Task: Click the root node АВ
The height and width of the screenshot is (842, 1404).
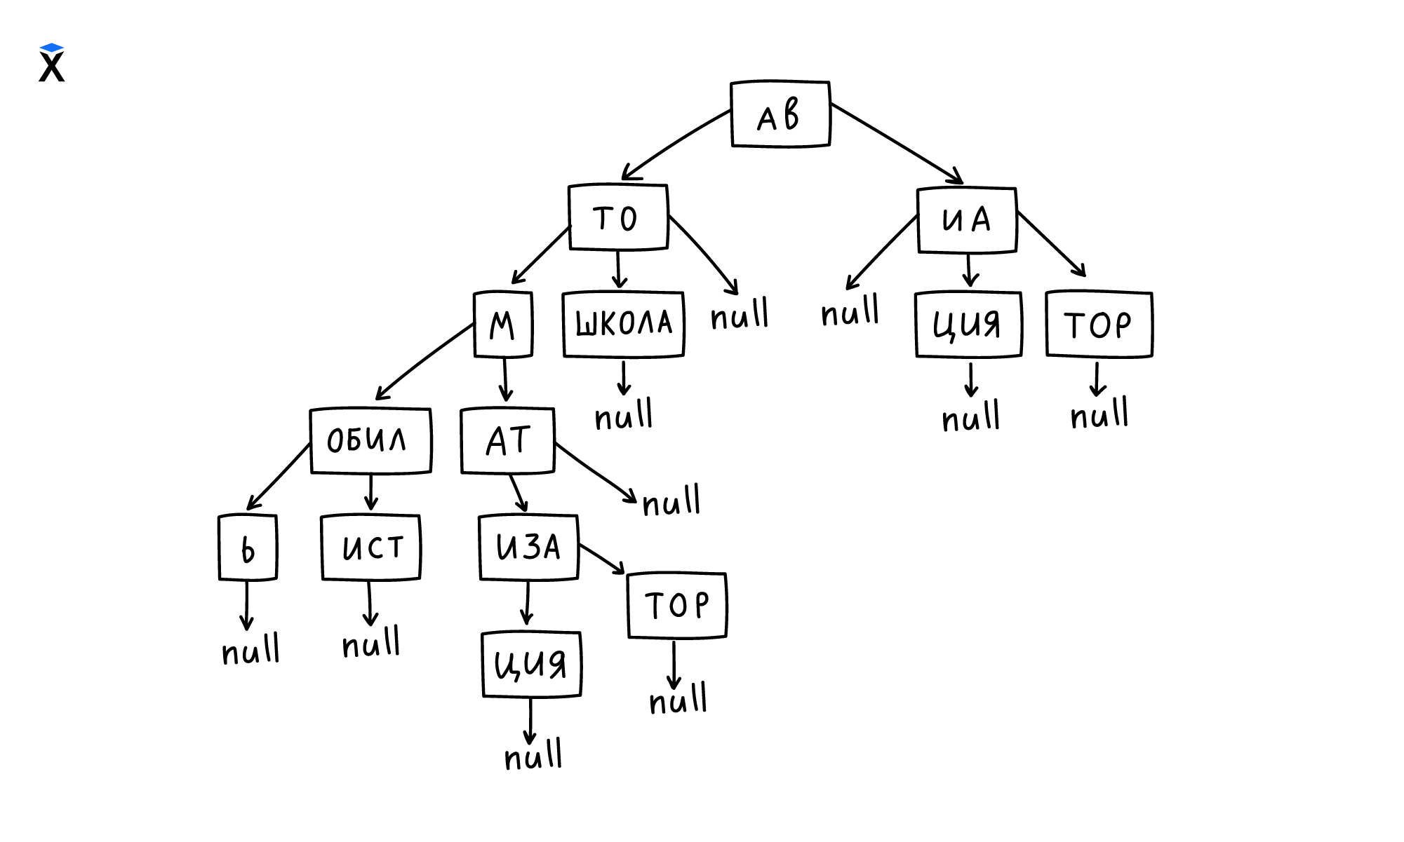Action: (x=780, y=114)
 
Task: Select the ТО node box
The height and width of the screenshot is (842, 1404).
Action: (x=617, y=217)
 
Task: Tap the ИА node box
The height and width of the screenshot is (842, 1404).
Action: (x=967, y=220)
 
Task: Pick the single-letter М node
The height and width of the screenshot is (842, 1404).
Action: (x=503, y=325)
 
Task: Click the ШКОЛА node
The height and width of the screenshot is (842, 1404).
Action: (x=623, y=324)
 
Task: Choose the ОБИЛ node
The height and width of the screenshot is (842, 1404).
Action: (x=370, y=440)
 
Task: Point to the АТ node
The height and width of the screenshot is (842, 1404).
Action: (x=507, y=441)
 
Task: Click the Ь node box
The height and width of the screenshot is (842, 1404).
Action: (x=248, y=548)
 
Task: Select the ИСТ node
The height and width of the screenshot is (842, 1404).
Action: (x=370, y=548)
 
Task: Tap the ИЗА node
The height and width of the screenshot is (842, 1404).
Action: (x=528, y=548)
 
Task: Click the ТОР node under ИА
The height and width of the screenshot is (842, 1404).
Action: (x=1099, y=325)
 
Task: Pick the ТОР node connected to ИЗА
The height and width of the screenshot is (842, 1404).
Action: (x=676, y=605)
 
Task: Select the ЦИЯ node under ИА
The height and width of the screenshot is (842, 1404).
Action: (x=968, y=325)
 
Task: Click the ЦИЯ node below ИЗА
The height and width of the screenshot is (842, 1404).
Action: (x=531, y=664)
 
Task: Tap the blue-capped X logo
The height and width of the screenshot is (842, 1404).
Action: (x=51, y=63)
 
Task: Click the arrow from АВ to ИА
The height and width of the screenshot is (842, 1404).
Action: (x=897, y=144)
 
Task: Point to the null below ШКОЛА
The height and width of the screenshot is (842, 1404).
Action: (x=623, y=416)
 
